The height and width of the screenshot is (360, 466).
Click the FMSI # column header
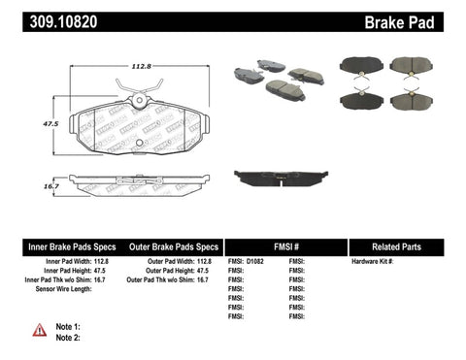pos(286,246)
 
